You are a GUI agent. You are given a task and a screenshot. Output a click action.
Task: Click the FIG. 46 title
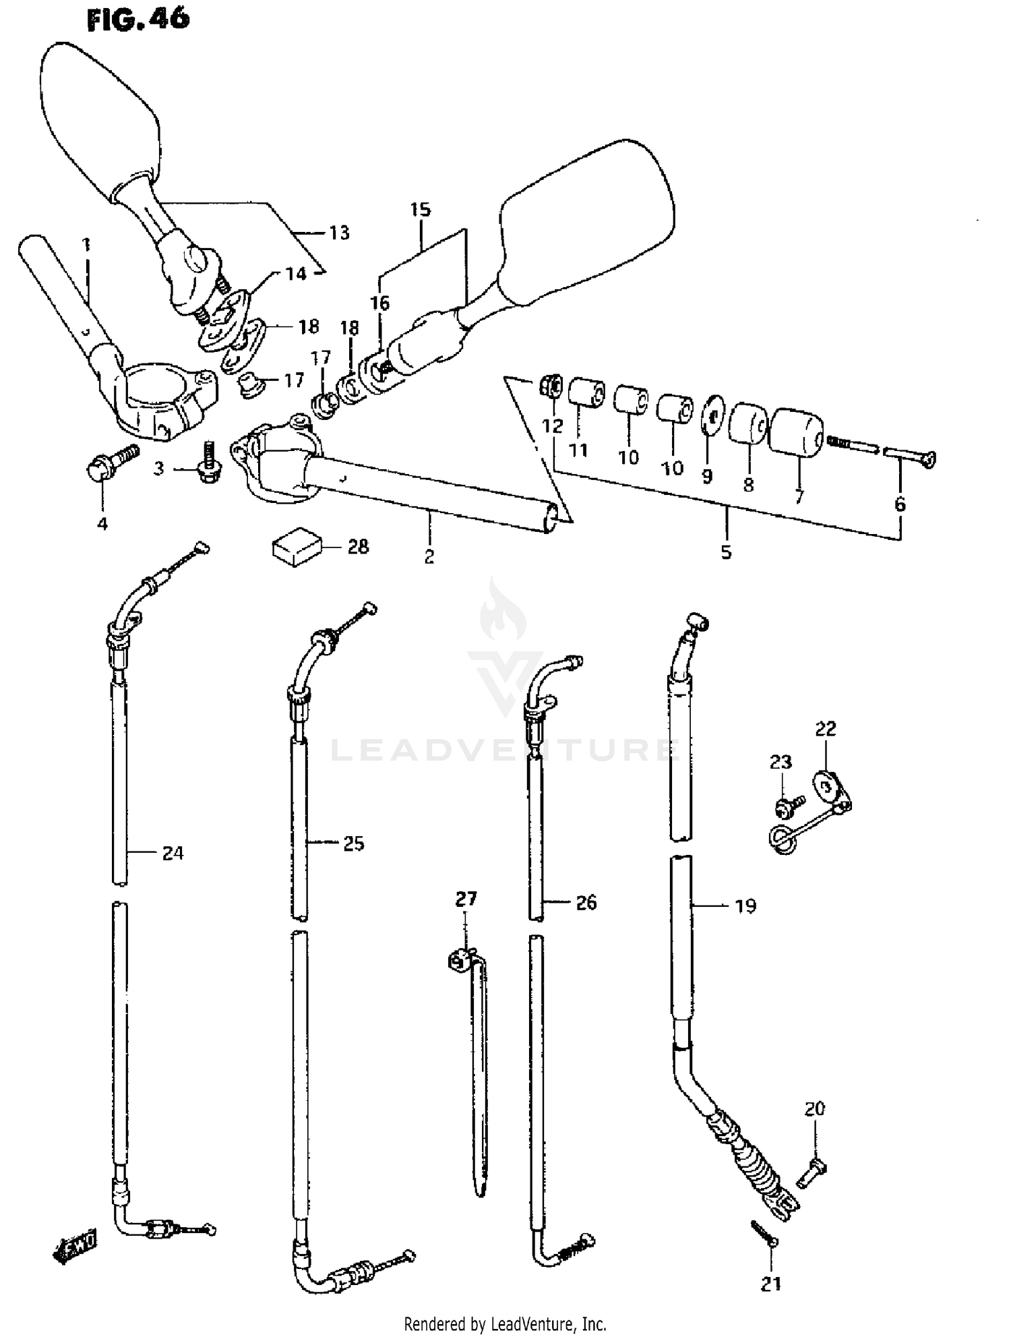click(138, 20)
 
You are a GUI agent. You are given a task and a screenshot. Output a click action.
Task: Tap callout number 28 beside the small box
click(358, 546)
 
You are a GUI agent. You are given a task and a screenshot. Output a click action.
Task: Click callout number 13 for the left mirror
click(339, 233)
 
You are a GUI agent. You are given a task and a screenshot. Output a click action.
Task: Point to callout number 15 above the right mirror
click(420, 209)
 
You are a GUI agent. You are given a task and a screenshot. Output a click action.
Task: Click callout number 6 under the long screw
click(900, 504)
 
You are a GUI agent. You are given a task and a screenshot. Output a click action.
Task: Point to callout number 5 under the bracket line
click(726, 552)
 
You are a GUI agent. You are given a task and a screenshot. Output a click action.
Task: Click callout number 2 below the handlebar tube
click(429, 557)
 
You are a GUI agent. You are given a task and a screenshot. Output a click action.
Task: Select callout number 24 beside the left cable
click(173, 853)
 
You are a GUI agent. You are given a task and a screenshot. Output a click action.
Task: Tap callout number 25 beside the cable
click(353, 843)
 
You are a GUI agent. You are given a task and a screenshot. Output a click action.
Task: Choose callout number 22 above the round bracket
click(825, 729)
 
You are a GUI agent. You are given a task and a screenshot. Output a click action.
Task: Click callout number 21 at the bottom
click(771, 1284)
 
